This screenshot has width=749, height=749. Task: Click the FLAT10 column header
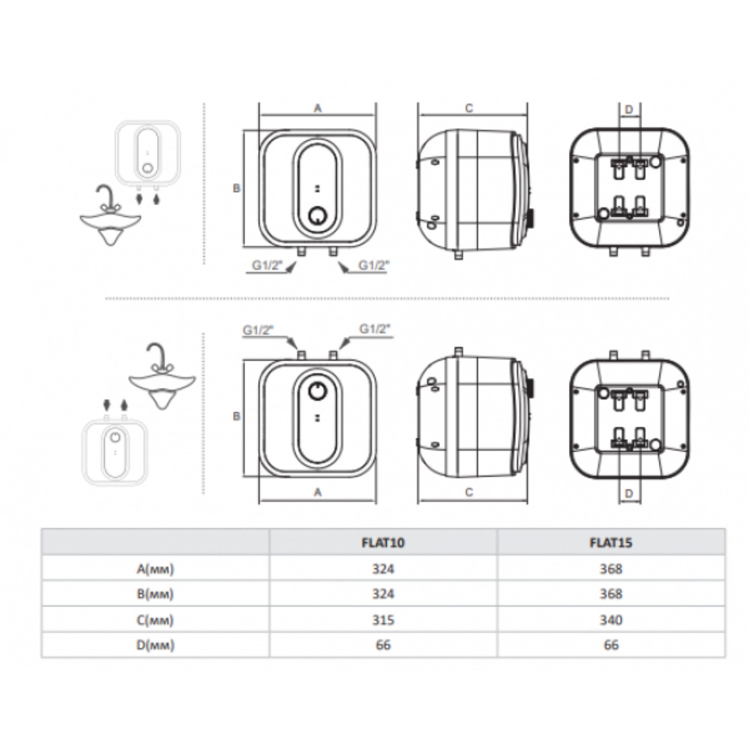coord(383,542)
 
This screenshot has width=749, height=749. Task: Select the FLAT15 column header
coord(610,542)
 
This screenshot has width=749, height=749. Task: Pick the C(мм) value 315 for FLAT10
coord(383,620)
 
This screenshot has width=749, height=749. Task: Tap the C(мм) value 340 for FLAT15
coord(611,620)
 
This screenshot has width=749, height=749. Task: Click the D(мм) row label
coord(155,645)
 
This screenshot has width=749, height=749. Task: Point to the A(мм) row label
coord(155,569)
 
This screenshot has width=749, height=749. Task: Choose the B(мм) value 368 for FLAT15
coord(611,594)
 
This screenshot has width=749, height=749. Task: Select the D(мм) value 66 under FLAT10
coord(383,645)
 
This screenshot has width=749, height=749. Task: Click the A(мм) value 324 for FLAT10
coord(383,569)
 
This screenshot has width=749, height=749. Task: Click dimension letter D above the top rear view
coord(629,110)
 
